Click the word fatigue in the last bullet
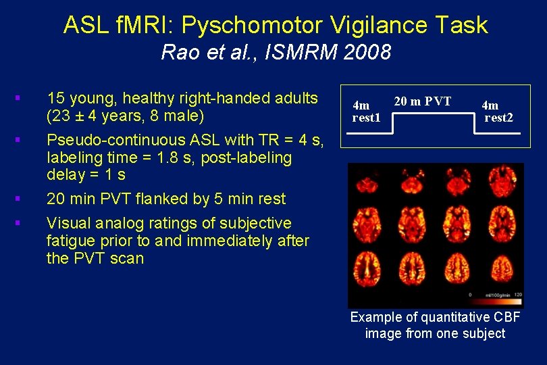[71, 241]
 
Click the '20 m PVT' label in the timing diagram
[423, 101]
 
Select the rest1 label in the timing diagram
[366, 118]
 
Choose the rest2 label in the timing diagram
[498, 118]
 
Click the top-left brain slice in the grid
[368, 185]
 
